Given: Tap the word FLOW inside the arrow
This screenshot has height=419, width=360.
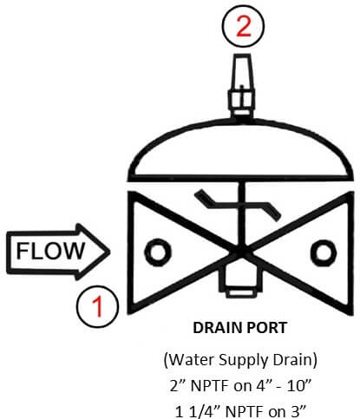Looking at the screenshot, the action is [x=50, y=251].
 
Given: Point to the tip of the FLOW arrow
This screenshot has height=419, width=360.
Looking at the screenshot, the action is [x=110, y=252].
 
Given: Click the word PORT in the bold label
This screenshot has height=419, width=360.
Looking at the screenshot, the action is [x=270, y=328].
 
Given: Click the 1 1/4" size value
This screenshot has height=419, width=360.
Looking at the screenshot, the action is [x=198, y=411].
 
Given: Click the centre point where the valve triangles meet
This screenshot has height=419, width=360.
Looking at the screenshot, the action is [x=240, y=252].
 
